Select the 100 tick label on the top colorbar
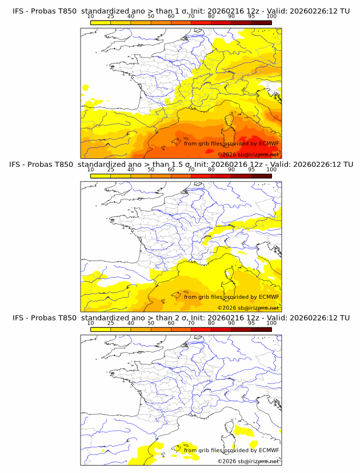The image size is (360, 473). [x=271, y=17]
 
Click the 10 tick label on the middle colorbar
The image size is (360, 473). [x=90, y=170]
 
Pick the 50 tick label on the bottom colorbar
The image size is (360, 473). [x=151, y=323]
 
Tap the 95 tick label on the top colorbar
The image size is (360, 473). [x=251, y=17]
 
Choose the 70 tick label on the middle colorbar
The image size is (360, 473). [x=191, y=170]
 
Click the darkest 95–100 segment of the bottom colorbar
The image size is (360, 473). [x=261, y=330]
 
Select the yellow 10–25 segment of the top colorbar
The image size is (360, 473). [x=100, y=22]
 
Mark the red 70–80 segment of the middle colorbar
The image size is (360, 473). [x=201, y=176]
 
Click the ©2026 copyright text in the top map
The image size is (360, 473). [x=248, y=154]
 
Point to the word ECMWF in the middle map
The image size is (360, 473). [x=269, y=297]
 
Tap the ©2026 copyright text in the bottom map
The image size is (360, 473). [x=248, y=461]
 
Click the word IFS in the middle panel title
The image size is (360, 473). [x=18, y=165]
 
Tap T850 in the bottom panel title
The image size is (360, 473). [x=64, y=318]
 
